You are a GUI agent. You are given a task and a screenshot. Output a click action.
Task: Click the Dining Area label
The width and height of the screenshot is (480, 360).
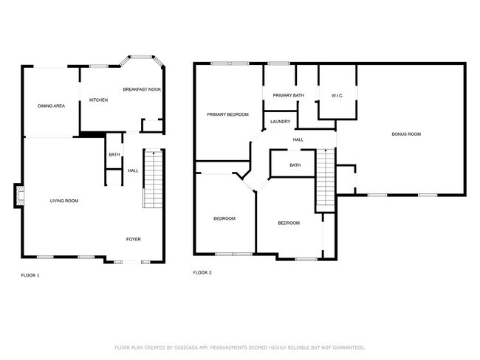pyautogui.click(x=52, y=106)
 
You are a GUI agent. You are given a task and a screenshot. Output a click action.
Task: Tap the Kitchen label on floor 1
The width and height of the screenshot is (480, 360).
pyautogui.click(x=99, y=100)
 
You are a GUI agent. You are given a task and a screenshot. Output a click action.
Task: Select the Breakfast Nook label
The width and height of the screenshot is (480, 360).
pyautogui.click(x=142, y=89)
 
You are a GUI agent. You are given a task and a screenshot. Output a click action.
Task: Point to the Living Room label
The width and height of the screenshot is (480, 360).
pyautogui.click(x=64, y=201)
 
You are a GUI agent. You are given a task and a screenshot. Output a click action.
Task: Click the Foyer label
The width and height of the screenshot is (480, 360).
pyautogui.click(x=133, y=239)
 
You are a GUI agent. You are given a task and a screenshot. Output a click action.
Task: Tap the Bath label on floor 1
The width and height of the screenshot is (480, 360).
pyautogui.click(x=114, y=155)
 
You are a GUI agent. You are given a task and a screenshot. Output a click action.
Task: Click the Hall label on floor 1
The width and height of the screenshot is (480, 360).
pyautogui.click(x=133, y=170)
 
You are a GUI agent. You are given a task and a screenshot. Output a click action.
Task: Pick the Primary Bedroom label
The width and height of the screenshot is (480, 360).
pyautogui.click(x=227, y=114)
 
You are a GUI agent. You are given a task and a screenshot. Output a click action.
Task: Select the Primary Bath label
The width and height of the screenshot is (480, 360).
pyautogui.click(x=288, y=96)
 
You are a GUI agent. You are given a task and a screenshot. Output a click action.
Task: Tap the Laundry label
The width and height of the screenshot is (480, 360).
pyautogui.click(x=280, y=122)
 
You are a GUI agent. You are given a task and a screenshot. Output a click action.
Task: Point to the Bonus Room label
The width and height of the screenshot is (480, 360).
pyautogui.click(x=406, y=134)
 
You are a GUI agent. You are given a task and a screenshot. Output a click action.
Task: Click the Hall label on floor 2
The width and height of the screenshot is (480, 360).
pyautogui.click(x=298, y=139)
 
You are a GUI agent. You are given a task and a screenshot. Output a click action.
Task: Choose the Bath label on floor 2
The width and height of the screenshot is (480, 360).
pyautogui.click(x=295, y=165)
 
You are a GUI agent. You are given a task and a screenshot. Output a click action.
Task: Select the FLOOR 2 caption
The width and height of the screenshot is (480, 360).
pyautogui.click(x=202, y=272)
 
